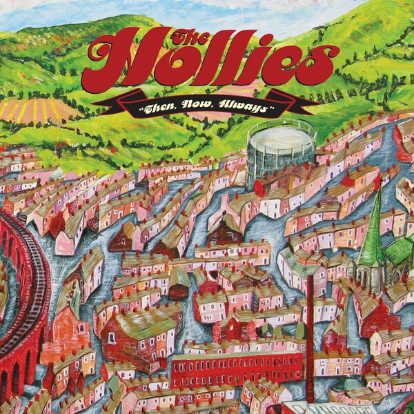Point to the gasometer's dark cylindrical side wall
click(276, 162)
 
